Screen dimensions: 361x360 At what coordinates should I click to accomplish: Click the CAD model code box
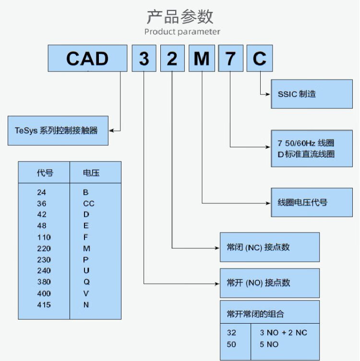[87, 58]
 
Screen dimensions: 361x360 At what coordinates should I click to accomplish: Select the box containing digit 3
[144, 58]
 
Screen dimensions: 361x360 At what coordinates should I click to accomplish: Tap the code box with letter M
[202, 58]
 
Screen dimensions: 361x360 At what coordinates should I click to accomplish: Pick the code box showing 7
[230, 58]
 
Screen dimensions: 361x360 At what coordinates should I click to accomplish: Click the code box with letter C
[259, 58]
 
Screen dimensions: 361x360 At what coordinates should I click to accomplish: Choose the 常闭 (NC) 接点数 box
[269, 247]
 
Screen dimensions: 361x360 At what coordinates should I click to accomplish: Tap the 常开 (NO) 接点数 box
[269, 283]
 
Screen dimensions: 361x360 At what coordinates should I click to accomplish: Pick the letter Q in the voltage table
[86, 282]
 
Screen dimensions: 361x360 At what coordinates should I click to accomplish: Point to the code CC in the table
[88, 203]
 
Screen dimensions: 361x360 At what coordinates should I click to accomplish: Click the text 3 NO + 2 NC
[283, 332]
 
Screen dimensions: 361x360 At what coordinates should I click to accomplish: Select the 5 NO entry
[269, 344]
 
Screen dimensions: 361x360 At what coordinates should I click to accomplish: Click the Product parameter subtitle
[182, 32]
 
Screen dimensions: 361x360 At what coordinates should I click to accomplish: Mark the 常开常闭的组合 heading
[255, 314]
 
